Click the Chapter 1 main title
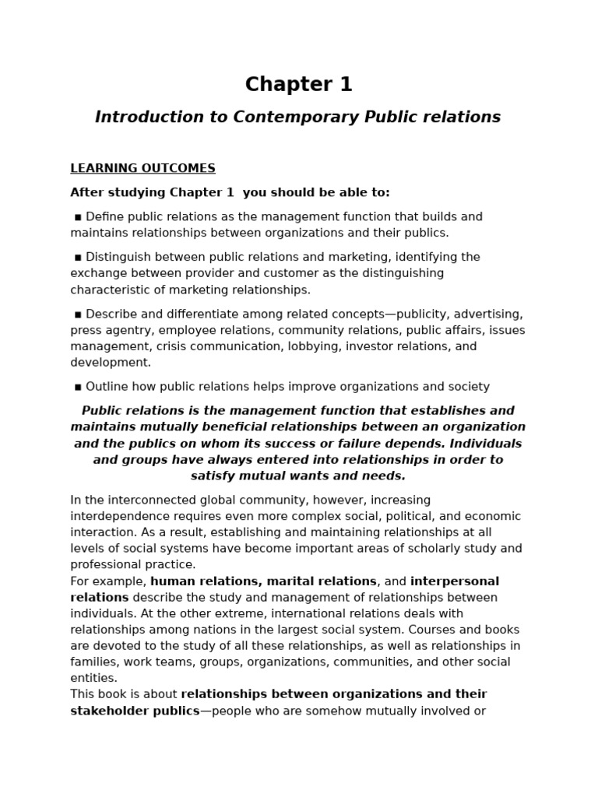[x=298, y=84]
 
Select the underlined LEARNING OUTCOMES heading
[x=142, y=168]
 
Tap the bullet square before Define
[x=78, y=217]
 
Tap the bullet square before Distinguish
[x=78, y=258]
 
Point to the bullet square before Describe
[x=78, y=314]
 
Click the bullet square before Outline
[x=78, y=387]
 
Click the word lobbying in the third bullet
[x=315, y=346]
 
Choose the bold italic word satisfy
[x=216, y=476]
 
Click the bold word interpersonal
[x=455, y=581]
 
